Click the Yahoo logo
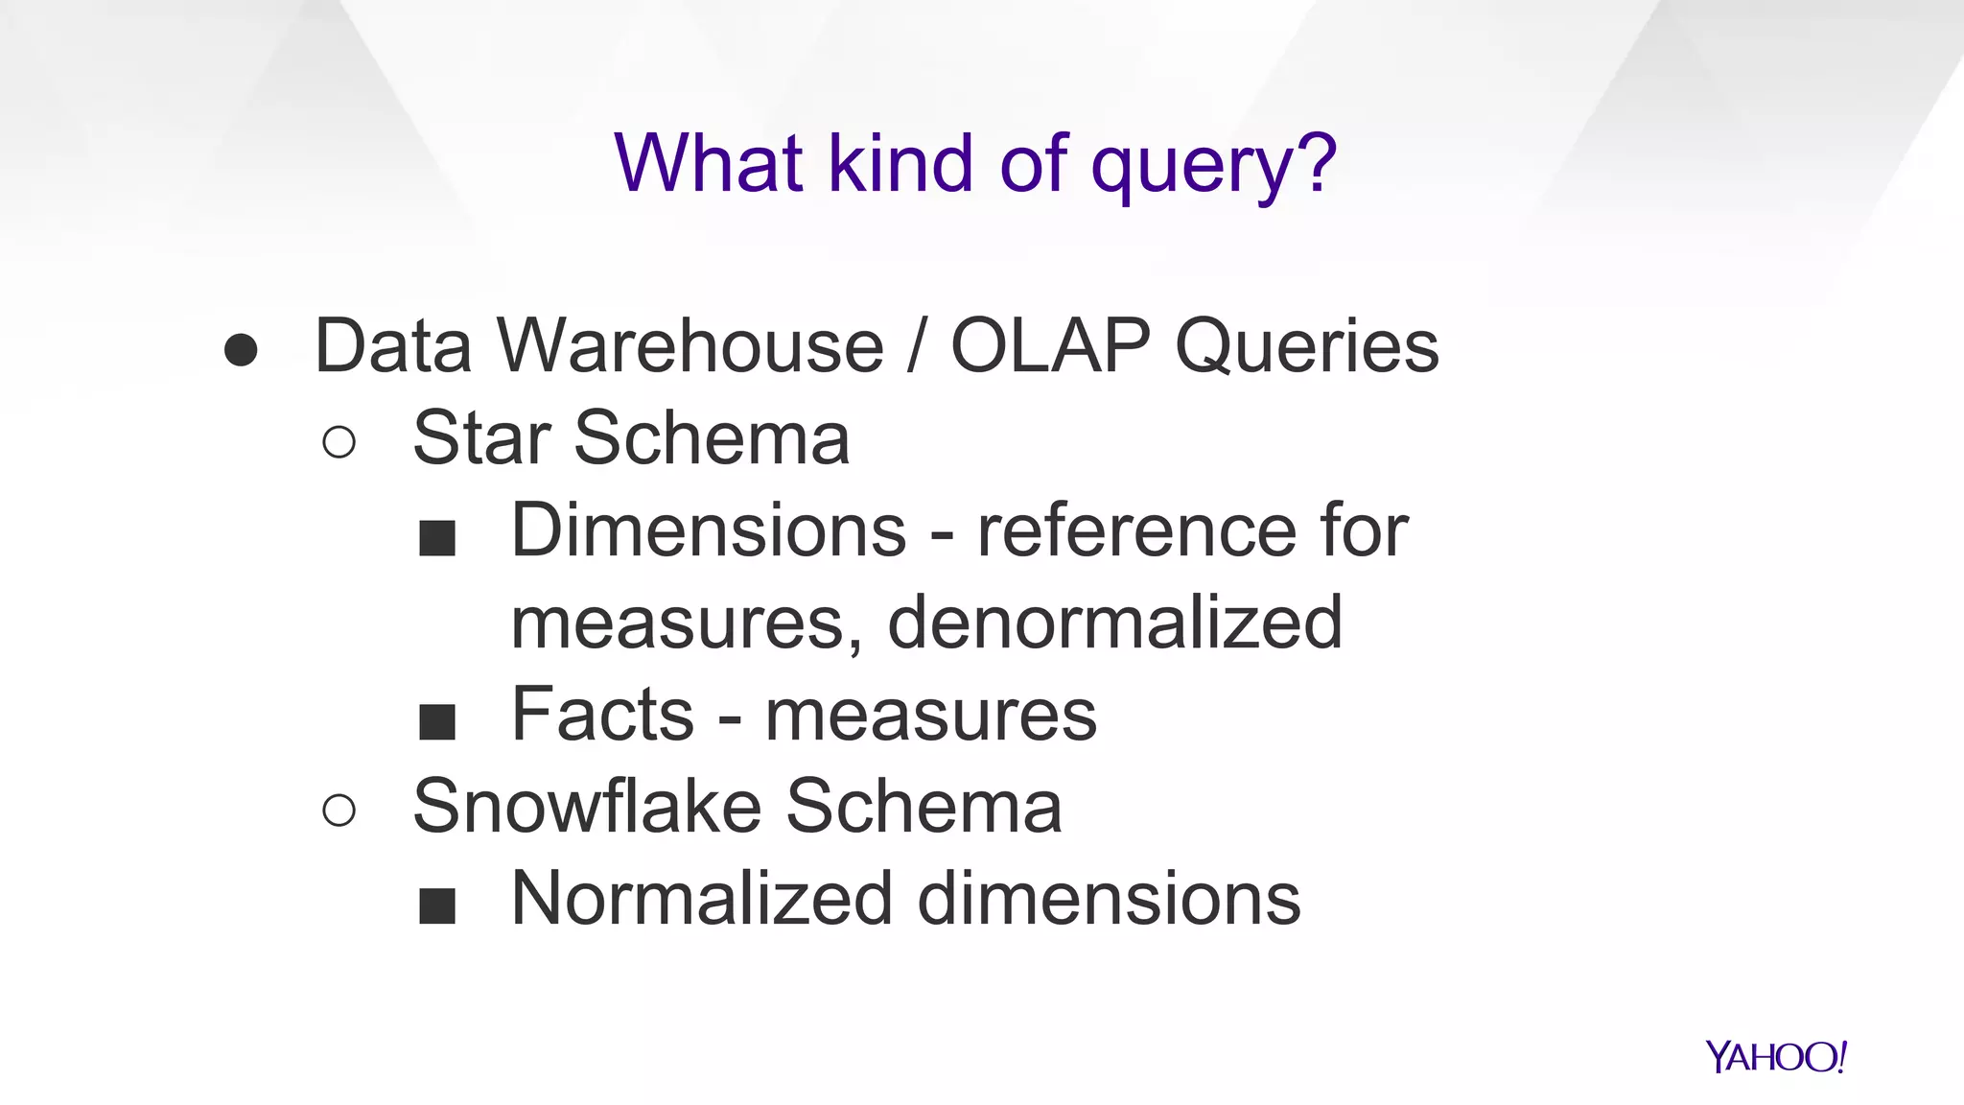point(1776,1057)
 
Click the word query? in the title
point(1213,165)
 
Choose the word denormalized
point(1114,623)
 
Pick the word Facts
point(602,715)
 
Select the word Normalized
point(701,899)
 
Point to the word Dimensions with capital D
point(709,530)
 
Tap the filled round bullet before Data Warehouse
point(241,350)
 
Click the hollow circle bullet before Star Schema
point(339,442)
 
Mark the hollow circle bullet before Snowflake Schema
point(339,811)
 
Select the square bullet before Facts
point(437,721)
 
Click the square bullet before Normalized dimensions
point(437,905)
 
